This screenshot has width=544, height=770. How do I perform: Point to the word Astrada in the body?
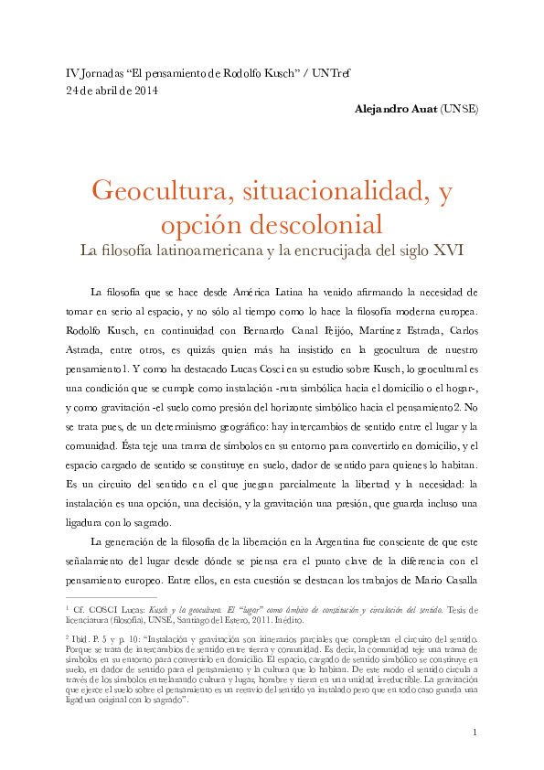[x=91, y=350]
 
